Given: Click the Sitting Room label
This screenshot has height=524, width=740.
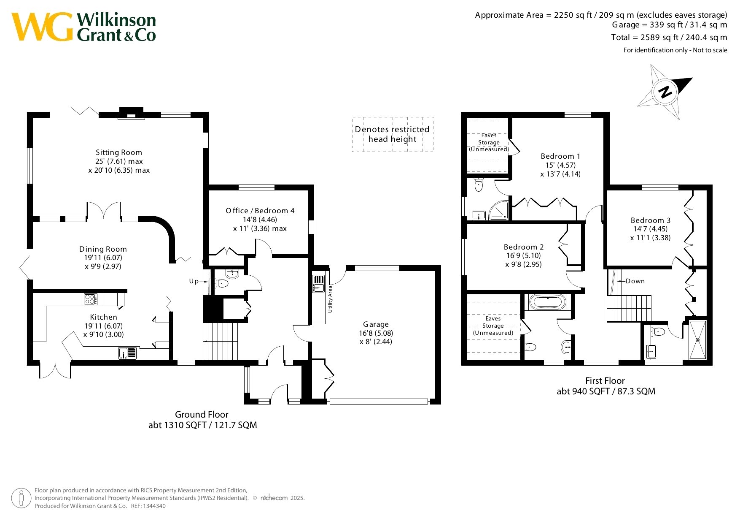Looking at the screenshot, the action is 119,152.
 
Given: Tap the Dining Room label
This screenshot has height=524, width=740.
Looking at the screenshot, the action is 103,249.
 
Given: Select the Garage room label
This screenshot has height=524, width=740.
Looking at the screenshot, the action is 376,324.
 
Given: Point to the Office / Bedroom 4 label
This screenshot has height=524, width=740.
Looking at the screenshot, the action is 260,211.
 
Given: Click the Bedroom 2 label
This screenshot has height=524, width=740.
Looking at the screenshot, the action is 524,247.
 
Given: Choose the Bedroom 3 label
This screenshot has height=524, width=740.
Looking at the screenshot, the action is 651,220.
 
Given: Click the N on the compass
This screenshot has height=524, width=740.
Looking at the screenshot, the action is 665,92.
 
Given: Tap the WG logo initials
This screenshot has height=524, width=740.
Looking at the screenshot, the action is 42,27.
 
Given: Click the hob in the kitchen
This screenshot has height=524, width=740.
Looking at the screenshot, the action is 91,299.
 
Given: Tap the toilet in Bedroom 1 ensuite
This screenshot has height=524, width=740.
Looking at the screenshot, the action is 479,185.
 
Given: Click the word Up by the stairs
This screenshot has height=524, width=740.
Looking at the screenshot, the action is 194,281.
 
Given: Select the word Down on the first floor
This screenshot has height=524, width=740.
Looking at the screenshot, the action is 635,281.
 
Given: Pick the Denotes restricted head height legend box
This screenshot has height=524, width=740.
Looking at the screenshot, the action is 393,134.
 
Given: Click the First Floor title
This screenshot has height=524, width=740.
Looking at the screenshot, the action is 605,381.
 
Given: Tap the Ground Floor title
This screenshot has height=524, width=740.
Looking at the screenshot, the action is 202,415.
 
